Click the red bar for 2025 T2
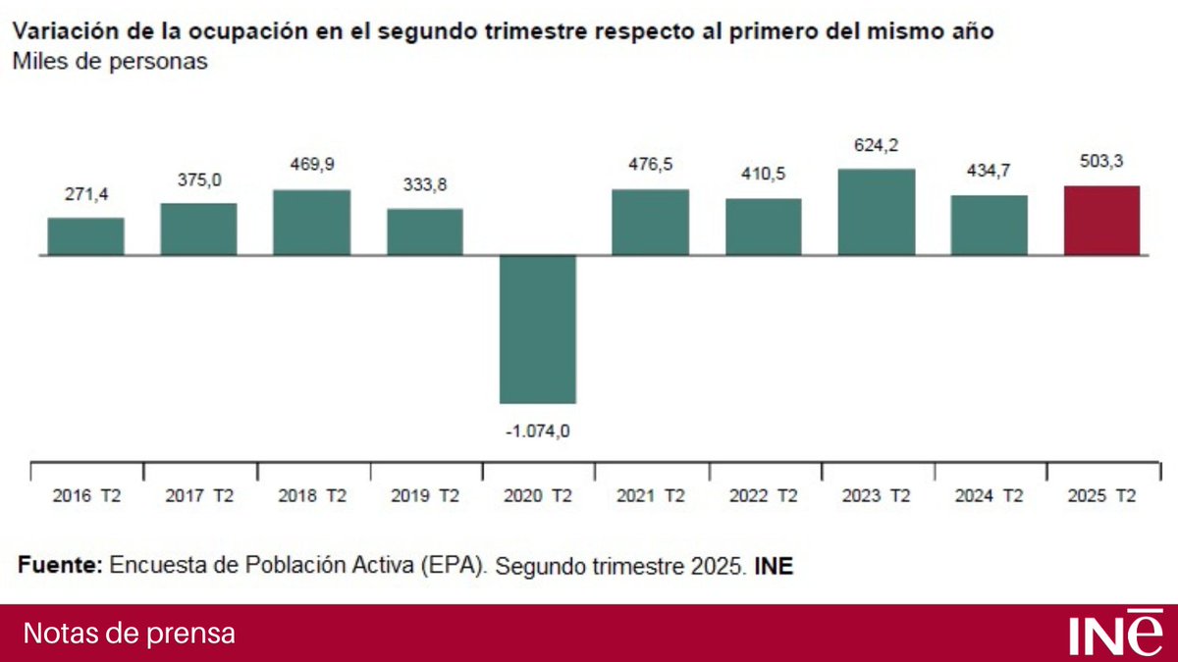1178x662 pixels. coord(1102,221)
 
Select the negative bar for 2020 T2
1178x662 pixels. coord(538,329)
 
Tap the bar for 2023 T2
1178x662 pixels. coord(877,212)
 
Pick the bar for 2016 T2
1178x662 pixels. coord(85,236)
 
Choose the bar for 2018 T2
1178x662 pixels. coord(311,223)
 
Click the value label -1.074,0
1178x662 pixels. coord(538,430)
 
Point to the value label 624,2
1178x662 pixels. coord(877,145)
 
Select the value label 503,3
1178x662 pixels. coord(1102,163)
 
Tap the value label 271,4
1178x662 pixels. coord(85,195)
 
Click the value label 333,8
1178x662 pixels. coord(425,185)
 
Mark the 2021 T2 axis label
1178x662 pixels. coord(651,496)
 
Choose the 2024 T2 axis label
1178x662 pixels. coord(989,496)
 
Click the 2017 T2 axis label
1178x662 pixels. coord(199,496)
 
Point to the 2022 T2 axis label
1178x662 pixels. coord(764,496)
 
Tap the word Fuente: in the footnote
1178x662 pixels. coord(59,567)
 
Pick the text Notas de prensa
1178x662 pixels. coord(129,634)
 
